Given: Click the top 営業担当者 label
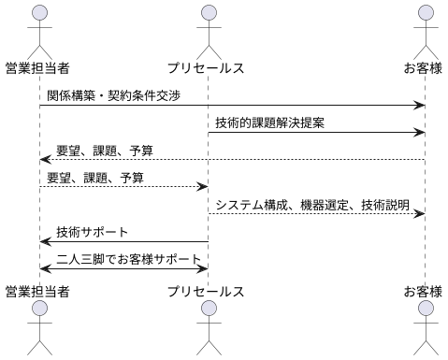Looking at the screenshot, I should click(38, 68).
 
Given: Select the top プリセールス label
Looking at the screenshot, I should click(207, 68).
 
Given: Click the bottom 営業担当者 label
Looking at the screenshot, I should click(38, 292).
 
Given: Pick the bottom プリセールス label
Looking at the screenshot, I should click(207, 292).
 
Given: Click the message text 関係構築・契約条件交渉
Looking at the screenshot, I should click(113, 95).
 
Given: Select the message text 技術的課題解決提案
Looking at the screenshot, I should click(270, 122).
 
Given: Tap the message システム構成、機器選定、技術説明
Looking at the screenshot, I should click(312, 204).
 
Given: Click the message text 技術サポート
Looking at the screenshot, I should click(93, 231).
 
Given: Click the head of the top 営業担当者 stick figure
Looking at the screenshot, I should click(38, 12).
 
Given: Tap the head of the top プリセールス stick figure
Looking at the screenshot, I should click(208, 12).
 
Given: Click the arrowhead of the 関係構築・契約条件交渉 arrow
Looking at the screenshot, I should click(422, 106).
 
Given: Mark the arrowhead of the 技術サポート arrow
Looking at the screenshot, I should click(44, 241).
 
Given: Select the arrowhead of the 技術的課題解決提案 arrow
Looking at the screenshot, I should click(422, 133).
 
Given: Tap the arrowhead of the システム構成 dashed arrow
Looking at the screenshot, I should click(422, 214).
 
